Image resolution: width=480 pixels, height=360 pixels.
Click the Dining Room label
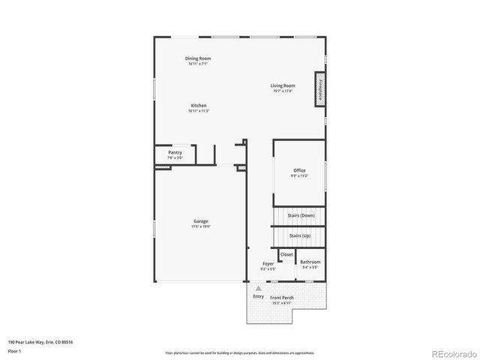[198, 58]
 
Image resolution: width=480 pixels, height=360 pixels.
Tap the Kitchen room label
[198, 106]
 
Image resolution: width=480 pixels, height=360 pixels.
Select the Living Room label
[283, 85]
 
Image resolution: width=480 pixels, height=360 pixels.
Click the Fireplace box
[320, 89]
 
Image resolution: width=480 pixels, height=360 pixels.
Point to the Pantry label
[175, 152]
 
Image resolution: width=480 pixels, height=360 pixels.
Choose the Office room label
[299, 170]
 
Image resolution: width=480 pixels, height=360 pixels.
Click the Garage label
[200, 220]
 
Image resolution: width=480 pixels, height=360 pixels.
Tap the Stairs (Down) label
[301, 216]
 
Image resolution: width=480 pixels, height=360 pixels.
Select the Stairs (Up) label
[300, 235]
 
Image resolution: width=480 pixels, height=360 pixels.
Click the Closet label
[286, 254]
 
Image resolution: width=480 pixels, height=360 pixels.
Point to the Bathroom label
[310, 262]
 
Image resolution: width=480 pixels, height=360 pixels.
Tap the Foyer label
[268, 263]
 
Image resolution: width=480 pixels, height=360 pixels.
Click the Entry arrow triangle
[259, 287]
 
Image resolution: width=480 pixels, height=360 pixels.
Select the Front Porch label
[283, 298]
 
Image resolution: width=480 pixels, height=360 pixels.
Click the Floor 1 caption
[14, 350]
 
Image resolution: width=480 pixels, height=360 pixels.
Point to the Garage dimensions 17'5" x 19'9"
[200, 226]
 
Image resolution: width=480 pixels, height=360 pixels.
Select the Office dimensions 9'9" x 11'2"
[299, 175]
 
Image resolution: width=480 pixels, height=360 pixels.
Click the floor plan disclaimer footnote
[240, 352]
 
